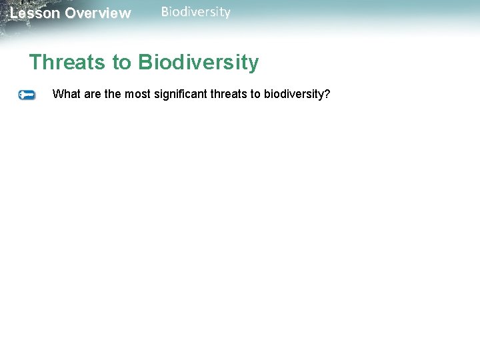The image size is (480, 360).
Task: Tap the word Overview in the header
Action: coord(98,13)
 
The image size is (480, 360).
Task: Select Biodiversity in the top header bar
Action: coord(195,12)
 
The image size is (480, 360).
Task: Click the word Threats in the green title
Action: coord(67,63)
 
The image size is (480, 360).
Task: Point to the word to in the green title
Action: coord(122,63)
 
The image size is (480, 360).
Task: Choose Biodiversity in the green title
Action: coord(199,63)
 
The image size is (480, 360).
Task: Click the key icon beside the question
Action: coord(27,95)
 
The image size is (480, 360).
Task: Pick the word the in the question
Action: coord(113,94)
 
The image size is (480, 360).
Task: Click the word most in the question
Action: coord(137,94)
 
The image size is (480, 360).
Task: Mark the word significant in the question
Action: coord(181,94)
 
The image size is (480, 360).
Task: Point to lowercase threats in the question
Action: coord(229,94)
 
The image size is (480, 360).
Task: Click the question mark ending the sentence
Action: coord(327,94)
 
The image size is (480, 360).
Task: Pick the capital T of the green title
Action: coord(35,63)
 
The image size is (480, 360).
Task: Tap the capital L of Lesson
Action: coord(14,13)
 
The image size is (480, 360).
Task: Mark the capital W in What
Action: coord(57,94)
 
